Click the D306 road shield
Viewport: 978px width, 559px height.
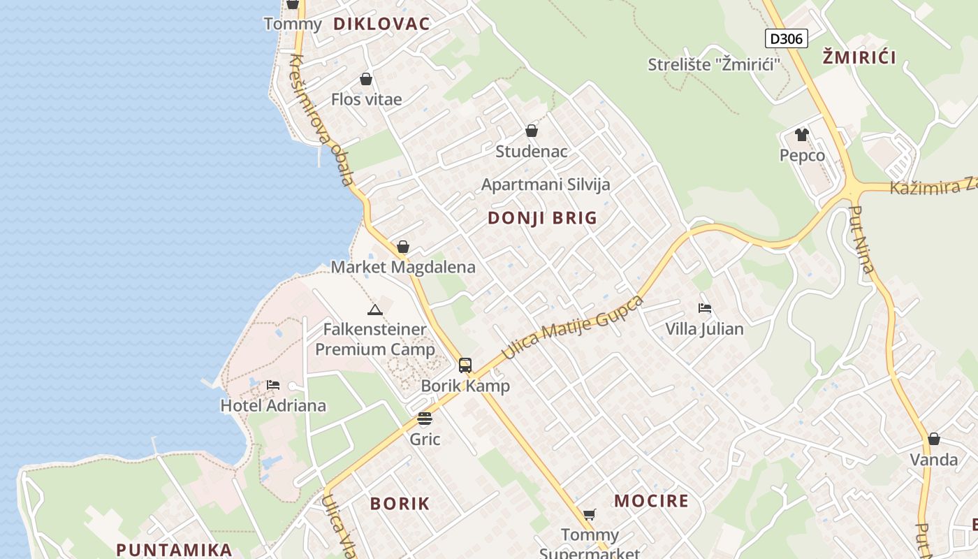pos(787,38)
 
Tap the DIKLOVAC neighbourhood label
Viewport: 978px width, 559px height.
pos(381,24)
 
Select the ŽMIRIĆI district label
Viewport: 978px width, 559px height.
pos(859,57)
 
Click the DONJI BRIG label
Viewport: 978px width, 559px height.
pos(542,218)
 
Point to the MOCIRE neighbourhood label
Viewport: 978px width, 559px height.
pos(651,501)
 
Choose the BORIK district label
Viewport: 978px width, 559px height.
pos(400,504)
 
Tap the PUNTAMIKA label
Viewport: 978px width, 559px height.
pos(174,549)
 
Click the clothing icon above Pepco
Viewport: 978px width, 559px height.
pos(801,135)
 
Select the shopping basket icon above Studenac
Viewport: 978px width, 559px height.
pos(532,131)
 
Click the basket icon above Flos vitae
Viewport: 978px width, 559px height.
pos(366,79)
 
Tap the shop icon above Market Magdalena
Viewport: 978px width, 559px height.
pos(403,247)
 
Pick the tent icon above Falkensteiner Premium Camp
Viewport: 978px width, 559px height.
pos(374,310)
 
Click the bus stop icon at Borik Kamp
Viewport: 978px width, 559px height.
pos(465,365)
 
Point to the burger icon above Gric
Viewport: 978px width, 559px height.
pos(425,419)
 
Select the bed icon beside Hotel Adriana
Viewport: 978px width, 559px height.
pos(273,385)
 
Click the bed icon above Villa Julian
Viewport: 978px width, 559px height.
pos(705,308)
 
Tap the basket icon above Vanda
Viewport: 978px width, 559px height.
pos(934,439)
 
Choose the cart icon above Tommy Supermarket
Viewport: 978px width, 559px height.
pos(590,515)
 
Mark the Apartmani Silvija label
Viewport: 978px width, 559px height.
pos(546,184)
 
